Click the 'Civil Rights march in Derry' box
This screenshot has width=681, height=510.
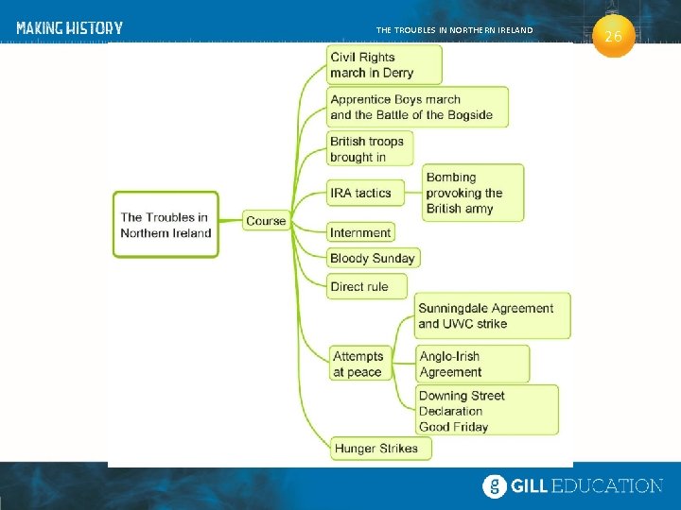[x=383, y=65]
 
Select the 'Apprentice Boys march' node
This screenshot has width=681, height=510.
[x=416, y=107]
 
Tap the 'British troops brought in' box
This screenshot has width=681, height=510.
[x=370, y=149]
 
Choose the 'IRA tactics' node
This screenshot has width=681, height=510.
[x=365, y=193]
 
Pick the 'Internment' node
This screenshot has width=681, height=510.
[x=360, y=232]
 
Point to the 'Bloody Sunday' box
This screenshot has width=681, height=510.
[x=372, y=258]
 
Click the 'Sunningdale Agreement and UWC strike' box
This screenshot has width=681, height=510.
[x=492, y=315]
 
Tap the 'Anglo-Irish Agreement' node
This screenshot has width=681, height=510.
[x=472, y=364]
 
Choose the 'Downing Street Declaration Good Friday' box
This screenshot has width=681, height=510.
[x=486, y=411]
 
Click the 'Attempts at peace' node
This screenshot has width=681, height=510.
[x=359, y=364]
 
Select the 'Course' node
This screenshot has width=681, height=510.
[x=266, y=221]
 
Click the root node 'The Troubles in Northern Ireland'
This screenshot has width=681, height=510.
[x=166, y=225]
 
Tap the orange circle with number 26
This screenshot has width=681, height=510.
[x=613, y=37]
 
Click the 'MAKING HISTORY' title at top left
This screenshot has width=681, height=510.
[x=69, y=28]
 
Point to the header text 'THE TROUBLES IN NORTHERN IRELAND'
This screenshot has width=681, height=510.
[x=454, y=30]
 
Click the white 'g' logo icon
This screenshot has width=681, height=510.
[x=495, y=486]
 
